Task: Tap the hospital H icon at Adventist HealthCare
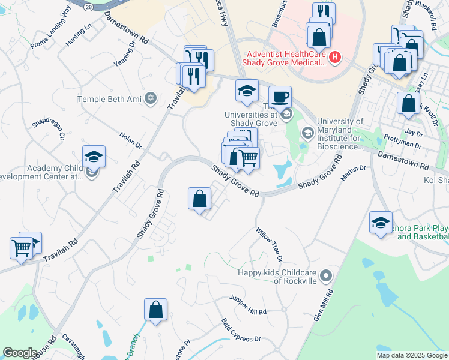point(335,58)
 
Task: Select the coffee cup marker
point(279,97)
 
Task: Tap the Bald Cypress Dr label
point(241,330)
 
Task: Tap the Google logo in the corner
point(19,353)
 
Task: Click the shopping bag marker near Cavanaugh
point(155,310)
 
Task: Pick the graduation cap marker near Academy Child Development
point(94,157)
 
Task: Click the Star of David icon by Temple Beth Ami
point(151,97)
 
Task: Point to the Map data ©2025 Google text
point(411,355)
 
